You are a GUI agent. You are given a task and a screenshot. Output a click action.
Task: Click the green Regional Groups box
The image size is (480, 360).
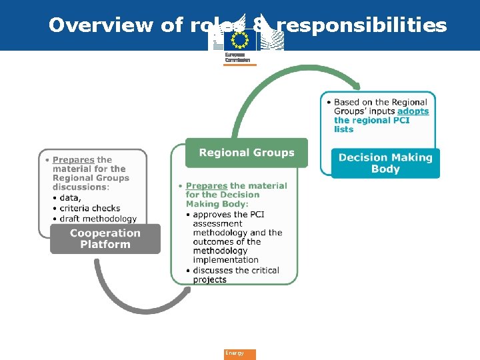(246, 153)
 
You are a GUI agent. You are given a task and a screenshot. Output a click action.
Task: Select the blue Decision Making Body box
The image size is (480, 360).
(385, 163)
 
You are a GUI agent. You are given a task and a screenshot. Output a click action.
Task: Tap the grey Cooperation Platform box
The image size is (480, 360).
(105, 239)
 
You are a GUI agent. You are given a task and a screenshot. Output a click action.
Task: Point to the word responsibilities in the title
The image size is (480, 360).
(361, 25)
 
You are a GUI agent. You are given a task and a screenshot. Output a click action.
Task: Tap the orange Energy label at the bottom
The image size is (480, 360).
(239, 354)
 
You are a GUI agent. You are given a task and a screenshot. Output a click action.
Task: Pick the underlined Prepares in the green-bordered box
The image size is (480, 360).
(207, 186)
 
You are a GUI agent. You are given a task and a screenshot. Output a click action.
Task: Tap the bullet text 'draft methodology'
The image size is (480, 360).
(98, 219)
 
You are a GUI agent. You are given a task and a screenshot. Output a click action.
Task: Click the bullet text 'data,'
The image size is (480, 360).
(70, 198)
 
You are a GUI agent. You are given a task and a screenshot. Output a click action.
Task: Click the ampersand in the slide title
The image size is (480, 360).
(263, 25)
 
